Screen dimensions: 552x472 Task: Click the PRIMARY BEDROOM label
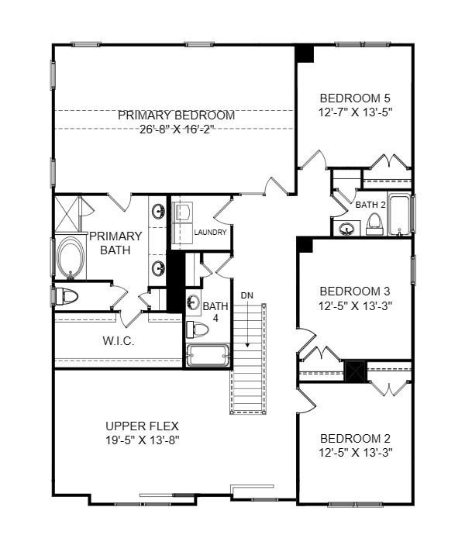coord(176,115)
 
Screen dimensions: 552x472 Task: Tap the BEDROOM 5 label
coord(355,98)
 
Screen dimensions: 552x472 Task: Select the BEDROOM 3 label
coord(355,291)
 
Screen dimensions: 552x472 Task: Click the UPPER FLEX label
coord(142,426)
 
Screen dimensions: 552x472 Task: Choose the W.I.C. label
coord(119,341)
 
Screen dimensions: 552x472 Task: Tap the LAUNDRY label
coord(210,233)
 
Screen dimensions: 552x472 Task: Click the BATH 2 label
coord(370,205)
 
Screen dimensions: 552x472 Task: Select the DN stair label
coord(246,295)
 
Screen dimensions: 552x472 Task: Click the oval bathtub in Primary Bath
coord(71,257)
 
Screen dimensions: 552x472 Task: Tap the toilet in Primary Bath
coord(68,295)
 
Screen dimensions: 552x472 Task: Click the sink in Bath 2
coord(346,228)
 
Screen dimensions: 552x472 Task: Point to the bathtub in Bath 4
coord(208,356)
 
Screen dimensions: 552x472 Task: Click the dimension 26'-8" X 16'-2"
coord(176,129)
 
